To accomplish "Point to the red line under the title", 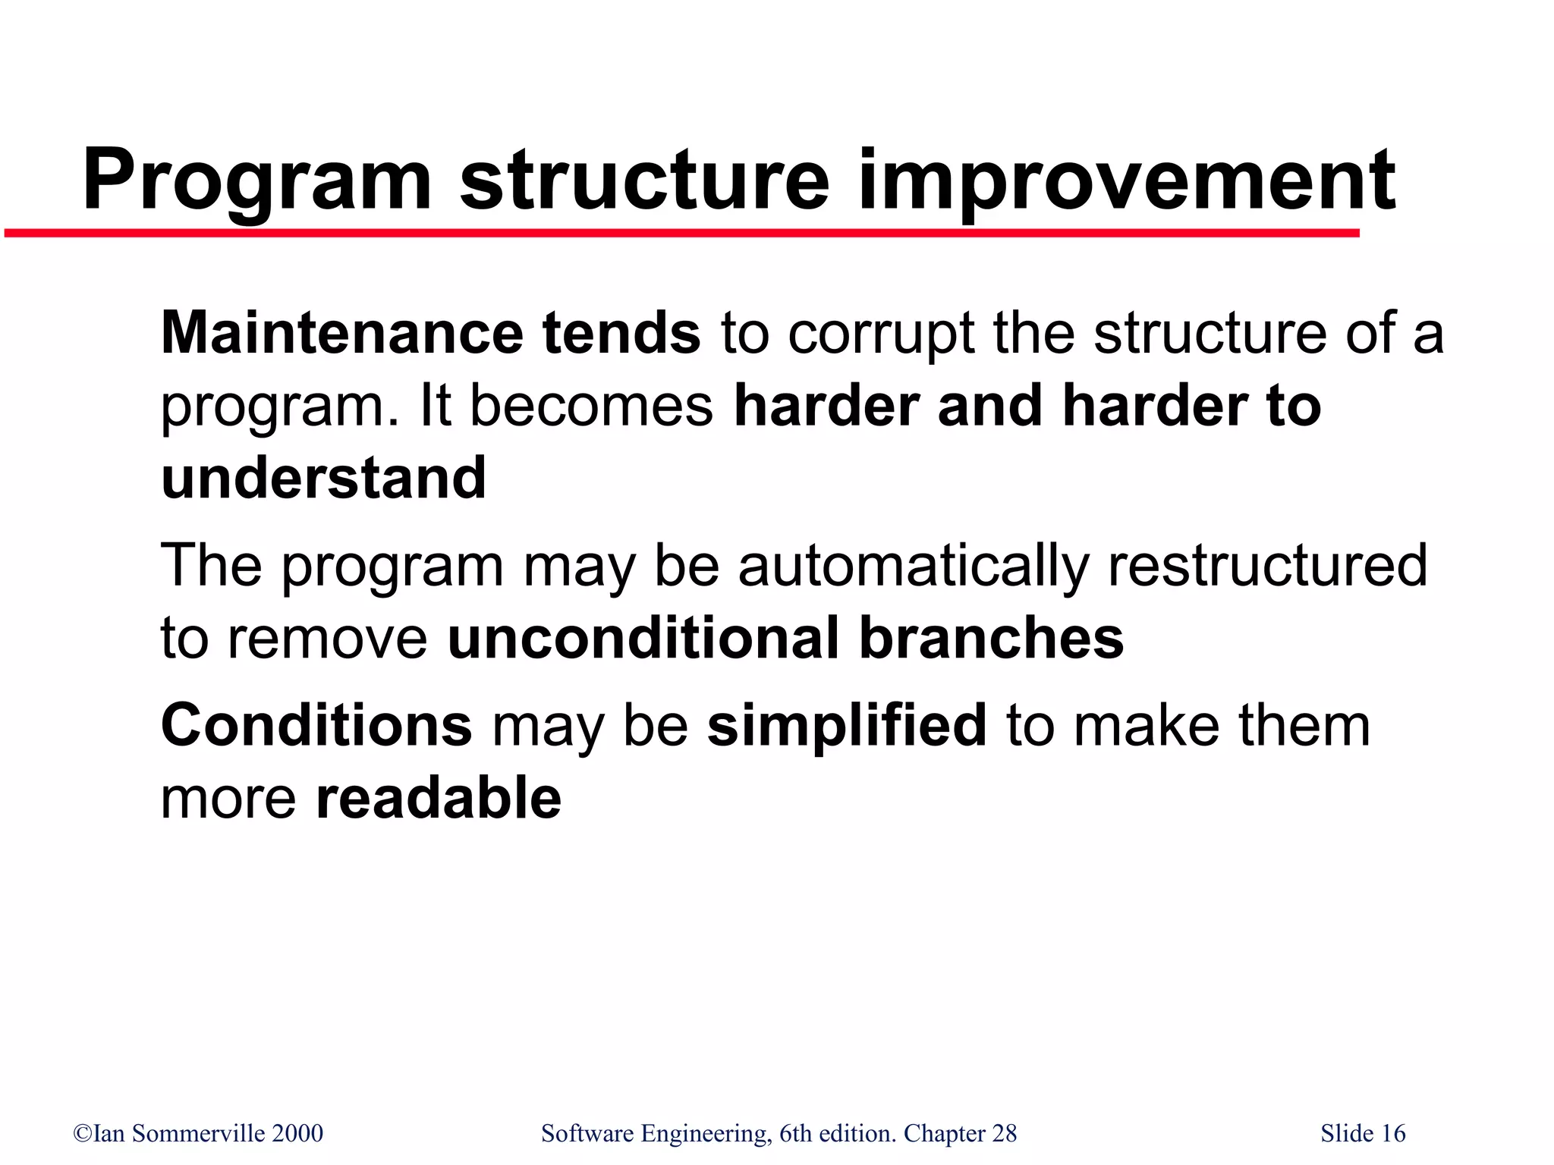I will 683,233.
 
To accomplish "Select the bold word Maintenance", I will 341,333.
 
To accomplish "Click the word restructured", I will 1267,564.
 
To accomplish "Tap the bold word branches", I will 991,638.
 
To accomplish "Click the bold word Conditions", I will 316,725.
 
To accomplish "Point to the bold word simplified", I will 847,725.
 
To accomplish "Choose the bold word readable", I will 438,798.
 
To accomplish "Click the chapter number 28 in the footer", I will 1004,1134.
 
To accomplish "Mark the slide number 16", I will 1393,1134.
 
